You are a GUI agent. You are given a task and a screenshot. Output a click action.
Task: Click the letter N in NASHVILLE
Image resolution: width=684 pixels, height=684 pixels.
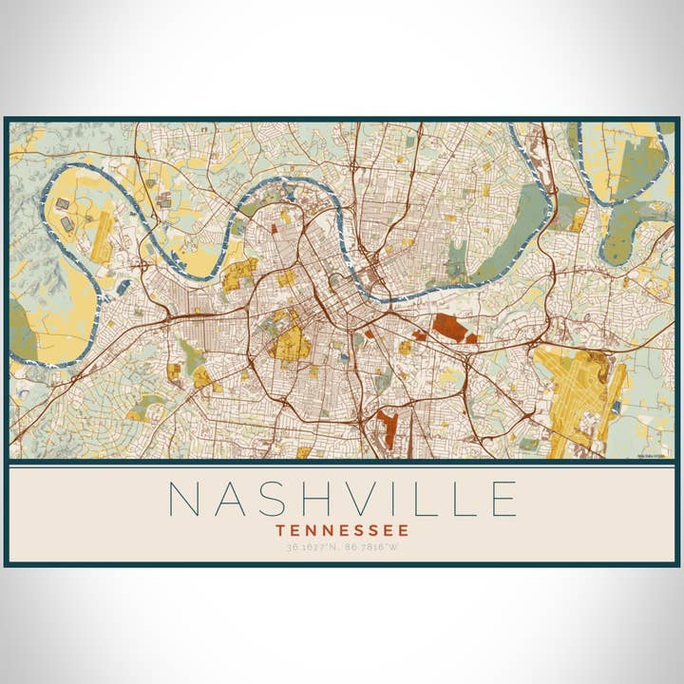[x=184, y=499]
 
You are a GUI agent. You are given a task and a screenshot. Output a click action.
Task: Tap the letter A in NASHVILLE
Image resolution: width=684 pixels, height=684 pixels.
[x=235, y=499]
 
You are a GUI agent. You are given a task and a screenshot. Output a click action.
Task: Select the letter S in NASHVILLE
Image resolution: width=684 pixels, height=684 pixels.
[x=282, y=499]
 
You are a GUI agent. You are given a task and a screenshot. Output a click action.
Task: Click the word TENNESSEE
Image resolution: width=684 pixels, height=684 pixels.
[x=342, y=530]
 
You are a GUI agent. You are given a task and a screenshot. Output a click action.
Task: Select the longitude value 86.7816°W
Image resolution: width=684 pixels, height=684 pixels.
[x=373, y=548]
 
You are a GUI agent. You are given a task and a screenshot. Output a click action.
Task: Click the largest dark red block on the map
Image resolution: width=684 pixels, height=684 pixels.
[x=449, y=329]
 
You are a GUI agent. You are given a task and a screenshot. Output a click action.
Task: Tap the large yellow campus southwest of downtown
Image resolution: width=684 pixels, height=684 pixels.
[x=291, y=343]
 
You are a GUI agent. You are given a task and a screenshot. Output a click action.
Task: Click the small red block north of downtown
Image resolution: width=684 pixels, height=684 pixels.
[x=274, y=228]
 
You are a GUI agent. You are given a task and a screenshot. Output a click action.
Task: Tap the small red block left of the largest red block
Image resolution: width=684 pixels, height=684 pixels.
[x=419, y=334]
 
